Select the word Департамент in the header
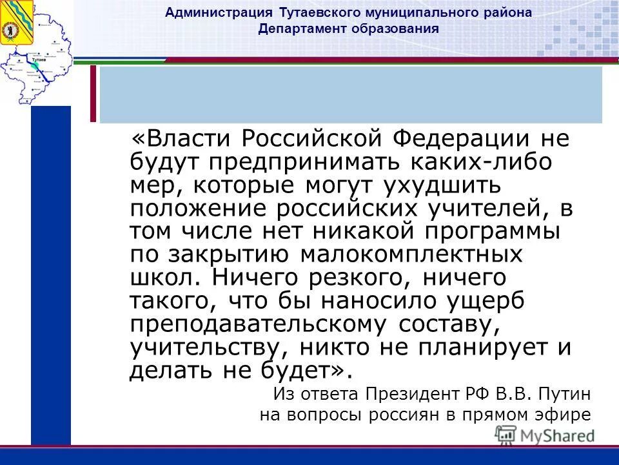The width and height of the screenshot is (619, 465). tap(297, 28)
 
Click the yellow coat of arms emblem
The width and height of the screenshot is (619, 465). tap(13, 23)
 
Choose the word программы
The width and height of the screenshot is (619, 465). tap(495, 232)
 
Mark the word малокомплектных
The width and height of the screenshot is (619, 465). tap(411, 255)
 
